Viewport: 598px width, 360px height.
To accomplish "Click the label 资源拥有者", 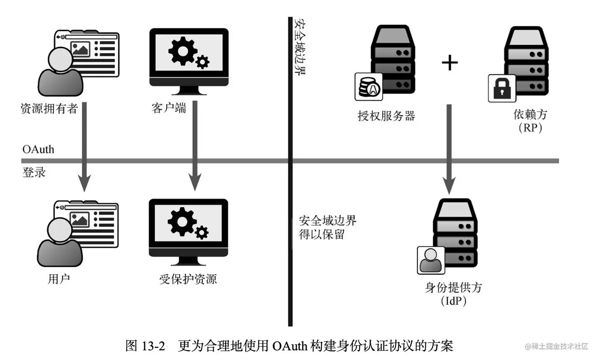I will (x=49, y=108).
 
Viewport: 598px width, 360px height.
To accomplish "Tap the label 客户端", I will (x=168, y=108).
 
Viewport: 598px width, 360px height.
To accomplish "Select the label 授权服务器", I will (x=386, y=116).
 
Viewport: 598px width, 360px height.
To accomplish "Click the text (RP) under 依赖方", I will (x=530, y=128).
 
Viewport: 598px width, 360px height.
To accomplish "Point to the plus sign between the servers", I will (x=449, y=63).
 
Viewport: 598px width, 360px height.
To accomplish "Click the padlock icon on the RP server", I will (x=502, y=88).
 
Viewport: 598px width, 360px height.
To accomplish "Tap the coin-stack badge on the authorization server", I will (x=369, y=87).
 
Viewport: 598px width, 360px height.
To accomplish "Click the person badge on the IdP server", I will (x=431, y=260).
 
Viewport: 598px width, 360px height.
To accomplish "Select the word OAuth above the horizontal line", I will (x=38, y=150).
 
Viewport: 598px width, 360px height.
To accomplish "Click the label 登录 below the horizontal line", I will (x=34, y=172).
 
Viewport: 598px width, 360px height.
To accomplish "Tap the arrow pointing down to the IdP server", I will (x=449, y=150).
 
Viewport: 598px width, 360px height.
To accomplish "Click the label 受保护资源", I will (x=188, y=279).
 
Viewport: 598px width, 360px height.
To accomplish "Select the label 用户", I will (x=59, y=279).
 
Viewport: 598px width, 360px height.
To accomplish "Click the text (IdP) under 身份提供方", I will (x=453, y=301).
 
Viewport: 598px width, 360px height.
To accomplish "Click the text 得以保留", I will (x=322, y=235).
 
